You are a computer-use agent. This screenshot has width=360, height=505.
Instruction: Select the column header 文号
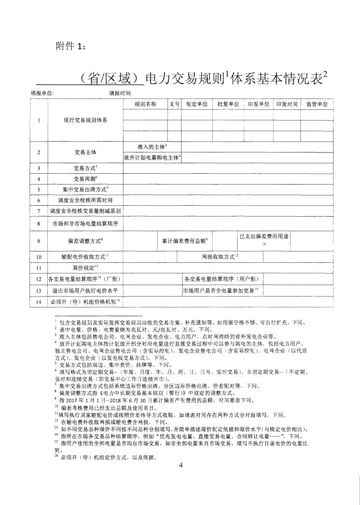pyautogui.click(x=174, y=104)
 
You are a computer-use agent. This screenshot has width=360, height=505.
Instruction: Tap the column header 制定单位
pyautogui.click(x=197, y=104)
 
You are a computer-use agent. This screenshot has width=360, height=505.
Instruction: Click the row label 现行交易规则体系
pyautogui.click(x=86, y=120)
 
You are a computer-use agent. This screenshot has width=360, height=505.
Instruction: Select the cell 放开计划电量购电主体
pyautogui.click(x=151, y=157)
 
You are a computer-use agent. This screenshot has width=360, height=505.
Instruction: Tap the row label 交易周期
pyautogui.click(x=85, y=179)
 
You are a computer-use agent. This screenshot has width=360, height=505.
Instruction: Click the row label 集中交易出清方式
pyautogui.click(x=85, y=189)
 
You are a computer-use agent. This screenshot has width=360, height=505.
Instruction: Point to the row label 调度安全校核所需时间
pyautogui.click(x=85, y=200)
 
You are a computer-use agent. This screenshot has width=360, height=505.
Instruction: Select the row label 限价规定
pyautogui.click(x=85, y=267)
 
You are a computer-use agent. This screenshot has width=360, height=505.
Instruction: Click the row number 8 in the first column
pyautogui.click(x=39, y=223)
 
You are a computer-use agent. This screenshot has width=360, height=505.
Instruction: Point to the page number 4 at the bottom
pyautogui.click(x=181, y=465)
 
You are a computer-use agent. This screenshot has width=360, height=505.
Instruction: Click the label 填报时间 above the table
pyautogui.click(x=120, y=93)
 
